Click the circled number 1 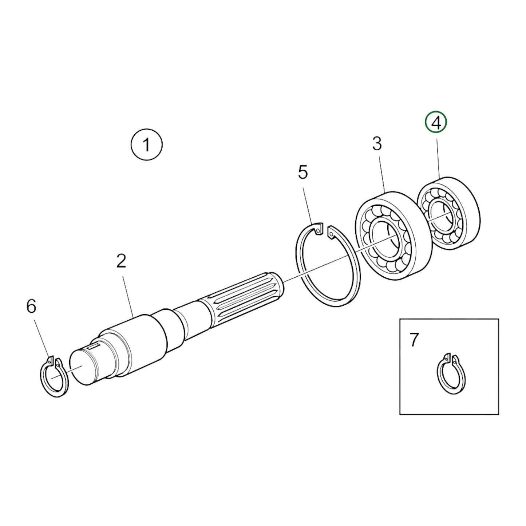[146, 145]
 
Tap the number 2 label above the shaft [121, 261]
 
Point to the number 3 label [377, 144]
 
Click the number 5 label [303, 172]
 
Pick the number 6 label [31, 306]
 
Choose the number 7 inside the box [414, 340]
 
